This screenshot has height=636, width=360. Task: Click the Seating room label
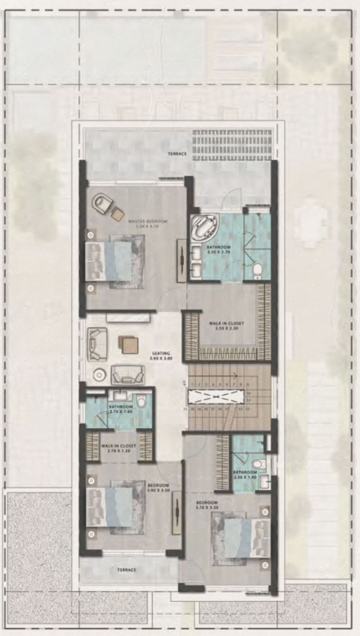161,356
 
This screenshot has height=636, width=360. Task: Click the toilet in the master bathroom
257,270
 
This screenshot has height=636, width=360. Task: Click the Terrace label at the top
177,154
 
